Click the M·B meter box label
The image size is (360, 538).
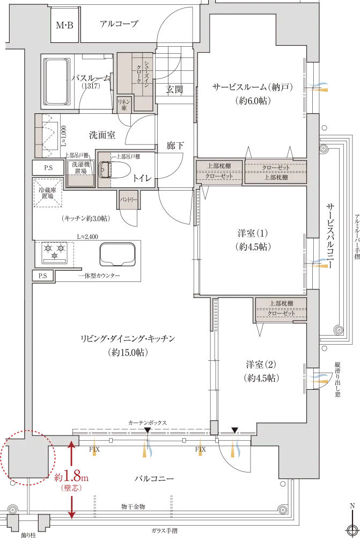click(x=65, y=25)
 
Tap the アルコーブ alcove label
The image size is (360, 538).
click(x=119, y=24)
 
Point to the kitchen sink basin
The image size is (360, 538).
click(x=117, y=255)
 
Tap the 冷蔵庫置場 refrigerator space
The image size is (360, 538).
click(x=48, y=193)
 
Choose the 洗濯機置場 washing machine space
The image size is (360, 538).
click(x=80, y=168)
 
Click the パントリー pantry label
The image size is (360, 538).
click(x=128, y=199)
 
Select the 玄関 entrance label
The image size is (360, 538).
click(x=174, y=90)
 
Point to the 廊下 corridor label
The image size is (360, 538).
click(x=175, y=146)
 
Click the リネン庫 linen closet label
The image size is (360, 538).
click(x=124, y=105)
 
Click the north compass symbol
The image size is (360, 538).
click(x=352, y=527)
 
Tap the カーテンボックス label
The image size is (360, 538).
click(x=148, y=423)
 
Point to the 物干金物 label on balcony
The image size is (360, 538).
click(x=133, y=506)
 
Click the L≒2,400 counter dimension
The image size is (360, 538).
click(x=87, y=237)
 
